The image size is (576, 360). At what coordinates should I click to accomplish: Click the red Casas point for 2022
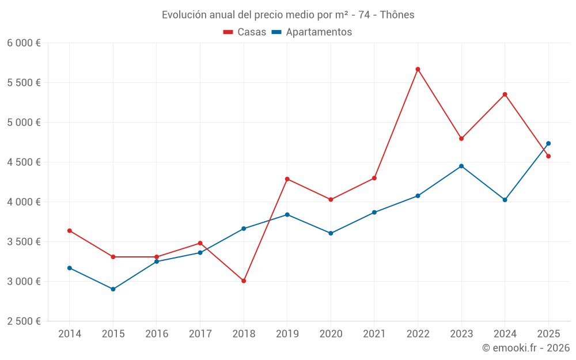tap(418, 69)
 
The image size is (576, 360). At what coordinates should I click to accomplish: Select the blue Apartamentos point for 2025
tap(548, 143)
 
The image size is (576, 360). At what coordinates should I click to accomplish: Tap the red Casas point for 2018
tap(244, 281)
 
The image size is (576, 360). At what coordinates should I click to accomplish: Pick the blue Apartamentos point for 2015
tap(113, 289)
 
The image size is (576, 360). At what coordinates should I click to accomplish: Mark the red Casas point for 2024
tap(505, 94)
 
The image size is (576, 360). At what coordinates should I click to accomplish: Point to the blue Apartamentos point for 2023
tap(461, 166)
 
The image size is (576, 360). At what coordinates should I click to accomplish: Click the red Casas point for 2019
tap(287, 179)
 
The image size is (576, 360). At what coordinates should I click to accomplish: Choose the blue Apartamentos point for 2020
tap(331, 233)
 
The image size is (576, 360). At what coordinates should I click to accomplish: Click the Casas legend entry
tap(245, 32)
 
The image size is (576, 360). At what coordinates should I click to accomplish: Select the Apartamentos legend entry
tap(312, 32)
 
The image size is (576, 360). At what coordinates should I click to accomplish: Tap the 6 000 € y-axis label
tap(24, 43)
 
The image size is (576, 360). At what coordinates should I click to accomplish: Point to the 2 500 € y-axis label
tap(24, 321)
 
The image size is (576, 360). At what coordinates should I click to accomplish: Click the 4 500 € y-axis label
tap(24, 162)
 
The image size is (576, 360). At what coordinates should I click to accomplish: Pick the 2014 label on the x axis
tap(70, 334)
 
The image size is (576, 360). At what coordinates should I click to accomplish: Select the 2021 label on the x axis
tap(374, 334)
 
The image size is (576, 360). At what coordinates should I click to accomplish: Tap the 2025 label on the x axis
tap(548, 334)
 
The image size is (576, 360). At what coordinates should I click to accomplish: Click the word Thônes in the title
tap(397, 15)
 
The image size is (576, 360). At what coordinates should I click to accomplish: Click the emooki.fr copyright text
tap(525, 348)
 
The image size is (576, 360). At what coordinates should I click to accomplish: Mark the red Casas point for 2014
tap(70, 231)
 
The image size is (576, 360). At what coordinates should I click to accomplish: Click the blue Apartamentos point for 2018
tap(244, 229)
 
